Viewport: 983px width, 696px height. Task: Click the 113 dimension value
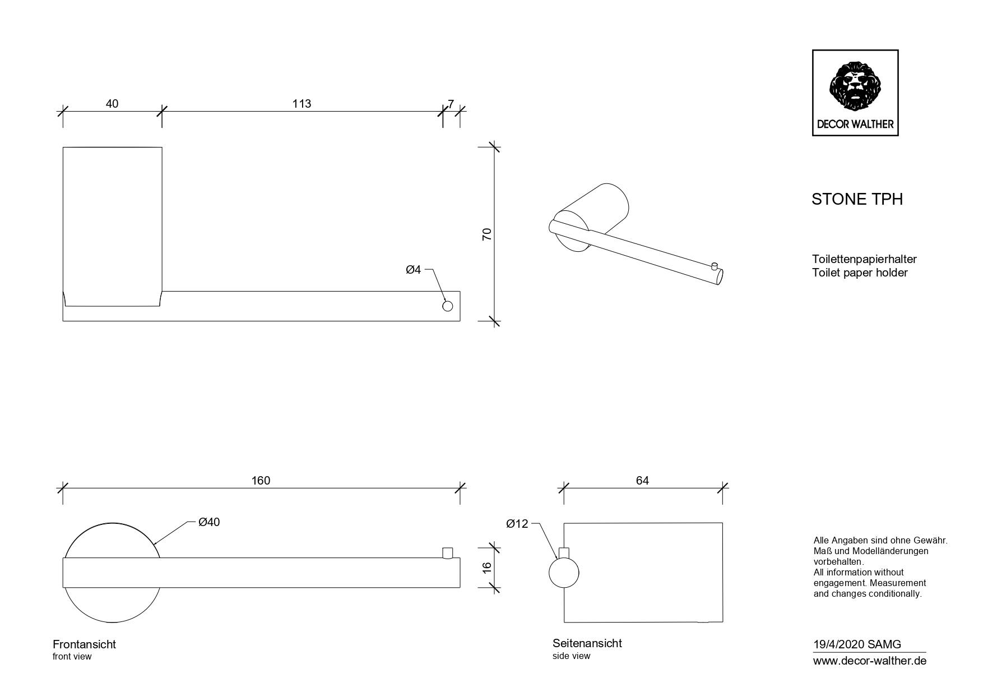click(302, 104)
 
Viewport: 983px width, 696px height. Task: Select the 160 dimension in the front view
click(261, 481)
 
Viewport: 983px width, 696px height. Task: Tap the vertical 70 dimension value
click(487, 234)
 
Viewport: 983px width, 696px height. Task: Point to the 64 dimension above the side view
click(642, 481)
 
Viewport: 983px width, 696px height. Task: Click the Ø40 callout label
click(209, 522)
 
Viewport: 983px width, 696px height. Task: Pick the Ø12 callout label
click(517, 524)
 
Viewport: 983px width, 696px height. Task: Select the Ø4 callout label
click(413, 270)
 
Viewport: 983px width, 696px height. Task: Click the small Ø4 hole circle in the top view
click(447, 306)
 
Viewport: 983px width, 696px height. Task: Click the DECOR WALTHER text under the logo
click(855, 125)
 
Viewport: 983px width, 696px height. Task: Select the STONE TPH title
click(857, 200)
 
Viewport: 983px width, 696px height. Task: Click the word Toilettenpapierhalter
click(864, 259)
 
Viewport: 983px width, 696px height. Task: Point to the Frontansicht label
click(84, 644)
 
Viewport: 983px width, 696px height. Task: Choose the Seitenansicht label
click(587, 643)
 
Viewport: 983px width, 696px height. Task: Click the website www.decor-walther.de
click(869, 661)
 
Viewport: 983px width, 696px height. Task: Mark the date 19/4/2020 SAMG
click(857, 645)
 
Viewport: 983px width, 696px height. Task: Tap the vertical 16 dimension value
click(487, 567)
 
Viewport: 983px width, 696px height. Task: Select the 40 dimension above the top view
click(112, 104)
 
